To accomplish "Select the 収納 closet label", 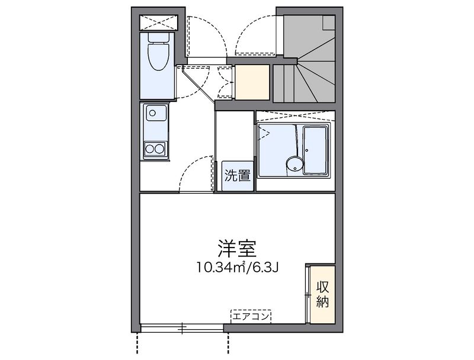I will tap(322, 294).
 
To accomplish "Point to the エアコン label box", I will tap(251, 316).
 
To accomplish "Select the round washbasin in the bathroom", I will tap(292, 164).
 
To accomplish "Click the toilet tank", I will tap(158, 37).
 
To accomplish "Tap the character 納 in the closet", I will tap(322, 301).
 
